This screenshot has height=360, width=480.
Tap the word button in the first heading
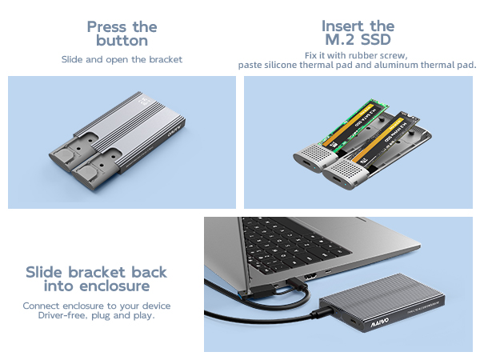[122, 41]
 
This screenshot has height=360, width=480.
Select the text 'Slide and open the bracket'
[122, 59]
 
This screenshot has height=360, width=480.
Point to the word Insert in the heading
[346, 26]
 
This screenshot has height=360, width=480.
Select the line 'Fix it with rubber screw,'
[358, 54]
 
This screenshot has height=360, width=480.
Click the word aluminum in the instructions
[404, 65]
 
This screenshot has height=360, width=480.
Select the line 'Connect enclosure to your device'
[96, 306]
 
